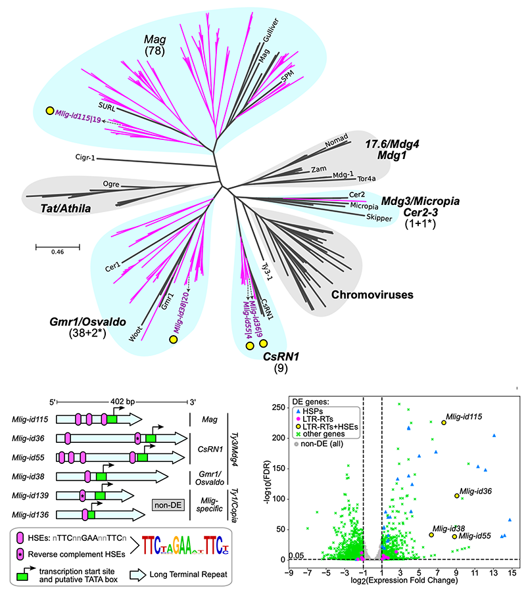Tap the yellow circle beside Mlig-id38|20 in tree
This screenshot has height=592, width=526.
pyautogui.click(x=174, y=340)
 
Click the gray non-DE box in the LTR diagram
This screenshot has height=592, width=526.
pyautogui.click(x=167, y=504)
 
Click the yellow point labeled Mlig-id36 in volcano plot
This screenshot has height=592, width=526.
pyautogui.click(x=457, y=495)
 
